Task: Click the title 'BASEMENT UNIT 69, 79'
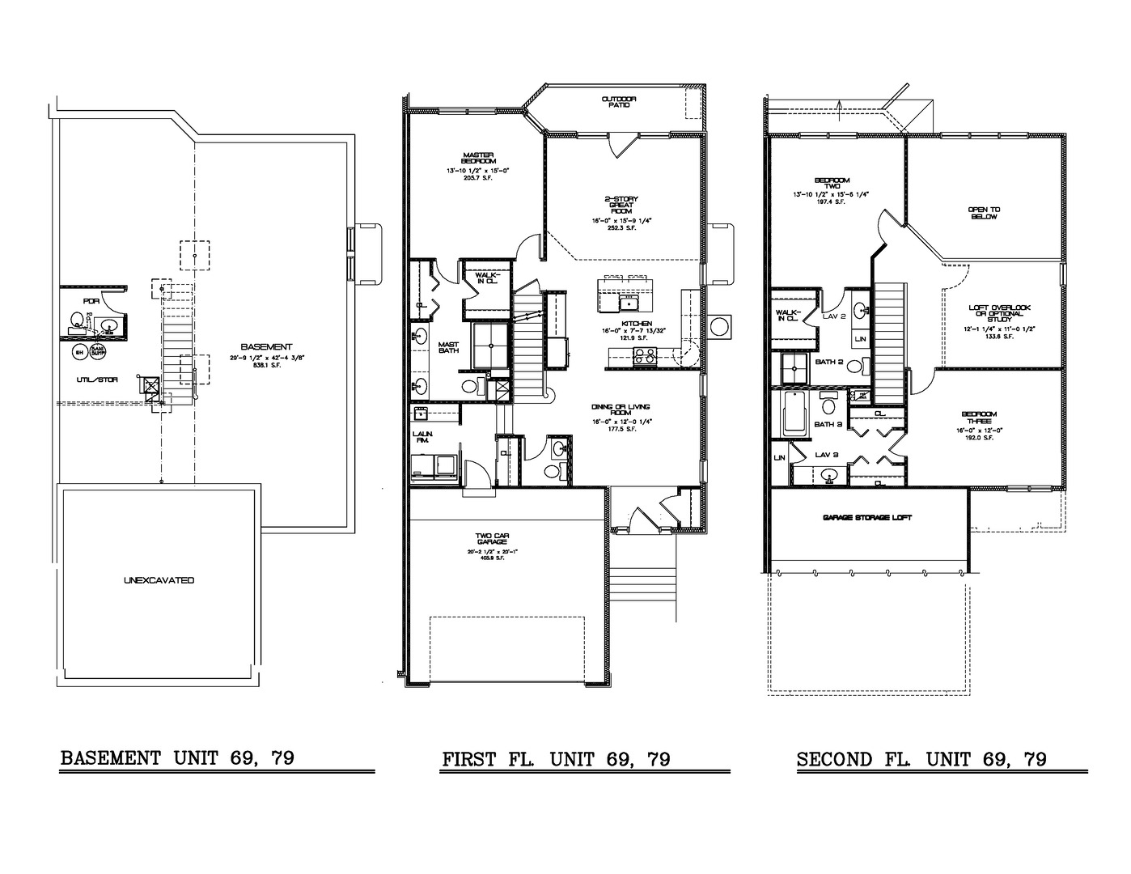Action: pyautogui.click(x=176, y=758)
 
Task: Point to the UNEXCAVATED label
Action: pyautogui.click(x=159, y=580)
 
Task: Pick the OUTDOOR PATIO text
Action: pyautogui.click(x=619, y=101)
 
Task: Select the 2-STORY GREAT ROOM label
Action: pyautogui.click(x=619, y=209)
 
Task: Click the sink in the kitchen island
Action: pyautogui.click(x=628, y=303)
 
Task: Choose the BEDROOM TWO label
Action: pyautogui.click(x=832, y=183)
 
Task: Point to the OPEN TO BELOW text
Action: pyautogui.click(x=984, y=213)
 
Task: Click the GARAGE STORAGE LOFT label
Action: pyautogui.click(x=867, y=517)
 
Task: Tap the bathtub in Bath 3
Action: pyautogui.click(x=793, y=412)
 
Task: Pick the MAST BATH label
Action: pyautogui.click(x=448, y=348)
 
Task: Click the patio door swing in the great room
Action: pyautogui.click(x=624, y=146)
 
